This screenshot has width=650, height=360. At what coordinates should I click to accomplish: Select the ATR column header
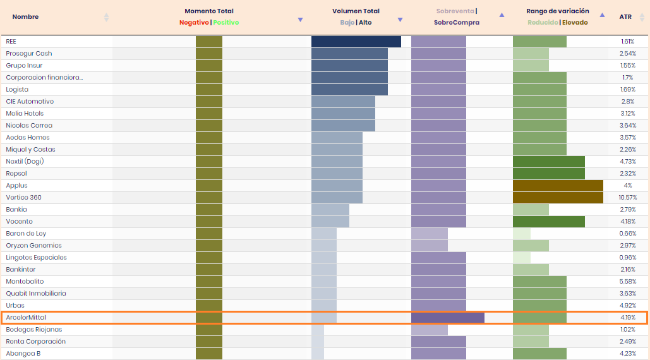625,17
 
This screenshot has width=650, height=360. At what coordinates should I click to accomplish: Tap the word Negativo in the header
194,23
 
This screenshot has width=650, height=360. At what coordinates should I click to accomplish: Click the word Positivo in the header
226,23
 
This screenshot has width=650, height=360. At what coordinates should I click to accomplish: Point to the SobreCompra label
456,23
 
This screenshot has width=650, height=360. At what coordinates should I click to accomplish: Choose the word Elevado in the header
575,23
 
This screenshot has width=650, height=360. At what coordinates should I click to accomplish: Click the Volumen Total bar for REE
356,42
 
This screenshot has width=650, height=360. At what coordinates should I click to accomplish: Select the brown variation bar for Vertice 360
558,198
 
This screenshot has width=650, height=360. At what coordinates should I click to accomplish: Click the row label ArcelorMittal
26,318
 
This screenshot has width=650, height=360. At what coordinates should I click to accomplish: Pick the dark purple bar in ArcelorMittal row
447,318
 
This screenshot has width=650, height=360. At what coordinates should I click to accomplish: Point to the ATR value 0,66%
627,234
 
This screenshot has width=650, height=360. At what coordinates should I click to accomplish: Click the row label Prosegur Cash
29,54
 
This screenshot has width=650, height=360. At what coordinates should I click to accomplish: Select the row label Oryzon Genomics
33,246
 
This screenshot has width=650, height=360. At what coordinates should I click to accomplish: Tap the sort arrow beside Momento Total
300,20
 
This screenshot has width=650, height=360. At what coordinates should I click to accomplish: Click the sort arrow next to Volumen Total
400,20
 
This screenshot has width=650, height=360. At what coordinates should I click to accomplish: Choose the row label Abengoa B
23,354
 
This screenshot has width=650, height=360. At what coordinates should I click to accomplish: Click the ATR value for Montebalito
627,282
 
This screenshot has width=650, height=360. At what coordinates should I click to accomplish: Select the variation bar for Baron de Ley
521,234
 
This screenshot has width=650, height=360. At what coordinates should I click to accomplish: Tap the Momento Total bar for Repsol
208,174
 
